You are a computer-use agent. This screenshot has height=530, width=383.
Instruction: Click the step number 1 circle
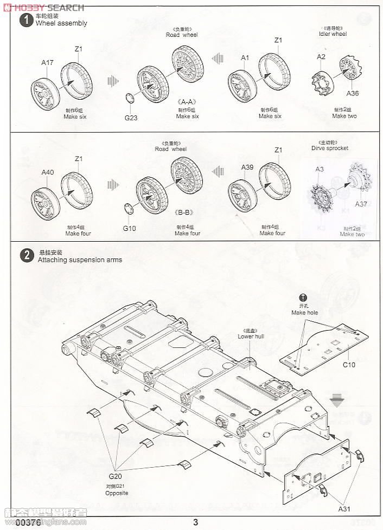[24, 21]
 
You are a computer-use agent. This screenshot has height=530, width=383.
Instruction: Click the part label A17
[47, 62]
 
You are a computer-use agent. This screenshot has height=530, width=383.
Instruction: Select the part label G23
[131, 117]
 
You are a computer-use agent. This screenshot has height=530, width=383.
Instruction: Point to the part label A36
[353, 93]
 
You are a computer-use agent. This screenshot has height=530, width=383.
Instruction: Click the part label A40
[47, 172]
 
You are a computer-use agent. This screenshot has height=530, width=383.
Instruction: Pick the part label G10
[129, 228]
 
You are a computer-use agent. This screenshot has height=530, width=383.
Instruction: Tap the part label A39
[247, 167]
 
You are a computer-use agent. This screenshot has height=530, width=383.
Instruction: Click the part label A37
[361, 204]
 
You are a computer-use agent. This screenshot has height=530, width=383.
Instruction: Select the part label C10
[349, 365]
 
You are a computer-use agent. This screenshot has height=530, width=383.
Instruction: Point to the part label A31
[344, 509]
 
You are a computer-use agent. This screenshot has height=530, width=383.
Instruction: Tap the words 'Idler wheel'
[333, 34]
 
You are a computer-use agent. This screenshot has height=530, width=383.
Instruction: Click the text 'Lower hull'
[250, 336]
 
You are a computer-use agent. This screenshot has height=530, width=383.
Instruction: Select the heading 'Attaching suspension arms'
[80, 260]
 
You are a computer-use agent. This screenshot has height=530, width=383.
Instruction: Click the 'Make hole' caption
[304, 313]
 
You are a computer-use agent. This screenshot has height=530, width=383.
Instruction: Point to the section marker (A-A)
[187, 101]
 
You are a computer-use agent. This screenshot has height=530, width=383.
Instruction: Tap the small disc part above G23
[129, 99]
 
